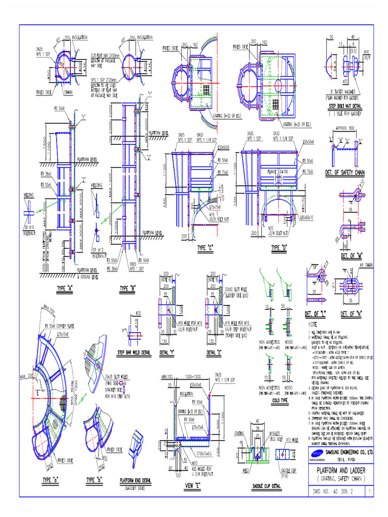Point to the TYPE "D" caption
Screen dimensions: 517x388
tap(279, 248)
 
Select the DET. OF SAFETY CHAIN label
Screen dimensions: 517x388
tap(345, 173)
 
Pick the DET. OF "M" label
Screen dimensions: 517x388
tap(351, 255)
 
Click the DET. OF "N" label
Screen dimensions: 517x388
tap(352, 314)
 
